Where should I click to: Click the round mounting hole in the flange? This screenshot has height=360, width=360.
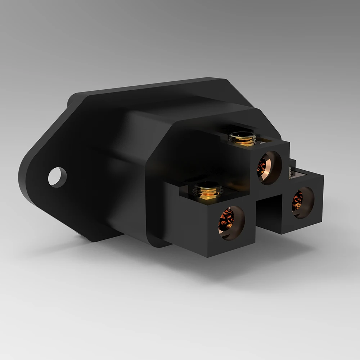[58, 177]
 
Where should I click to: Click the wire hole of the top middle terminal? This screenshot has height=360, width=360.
[269, 168]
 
